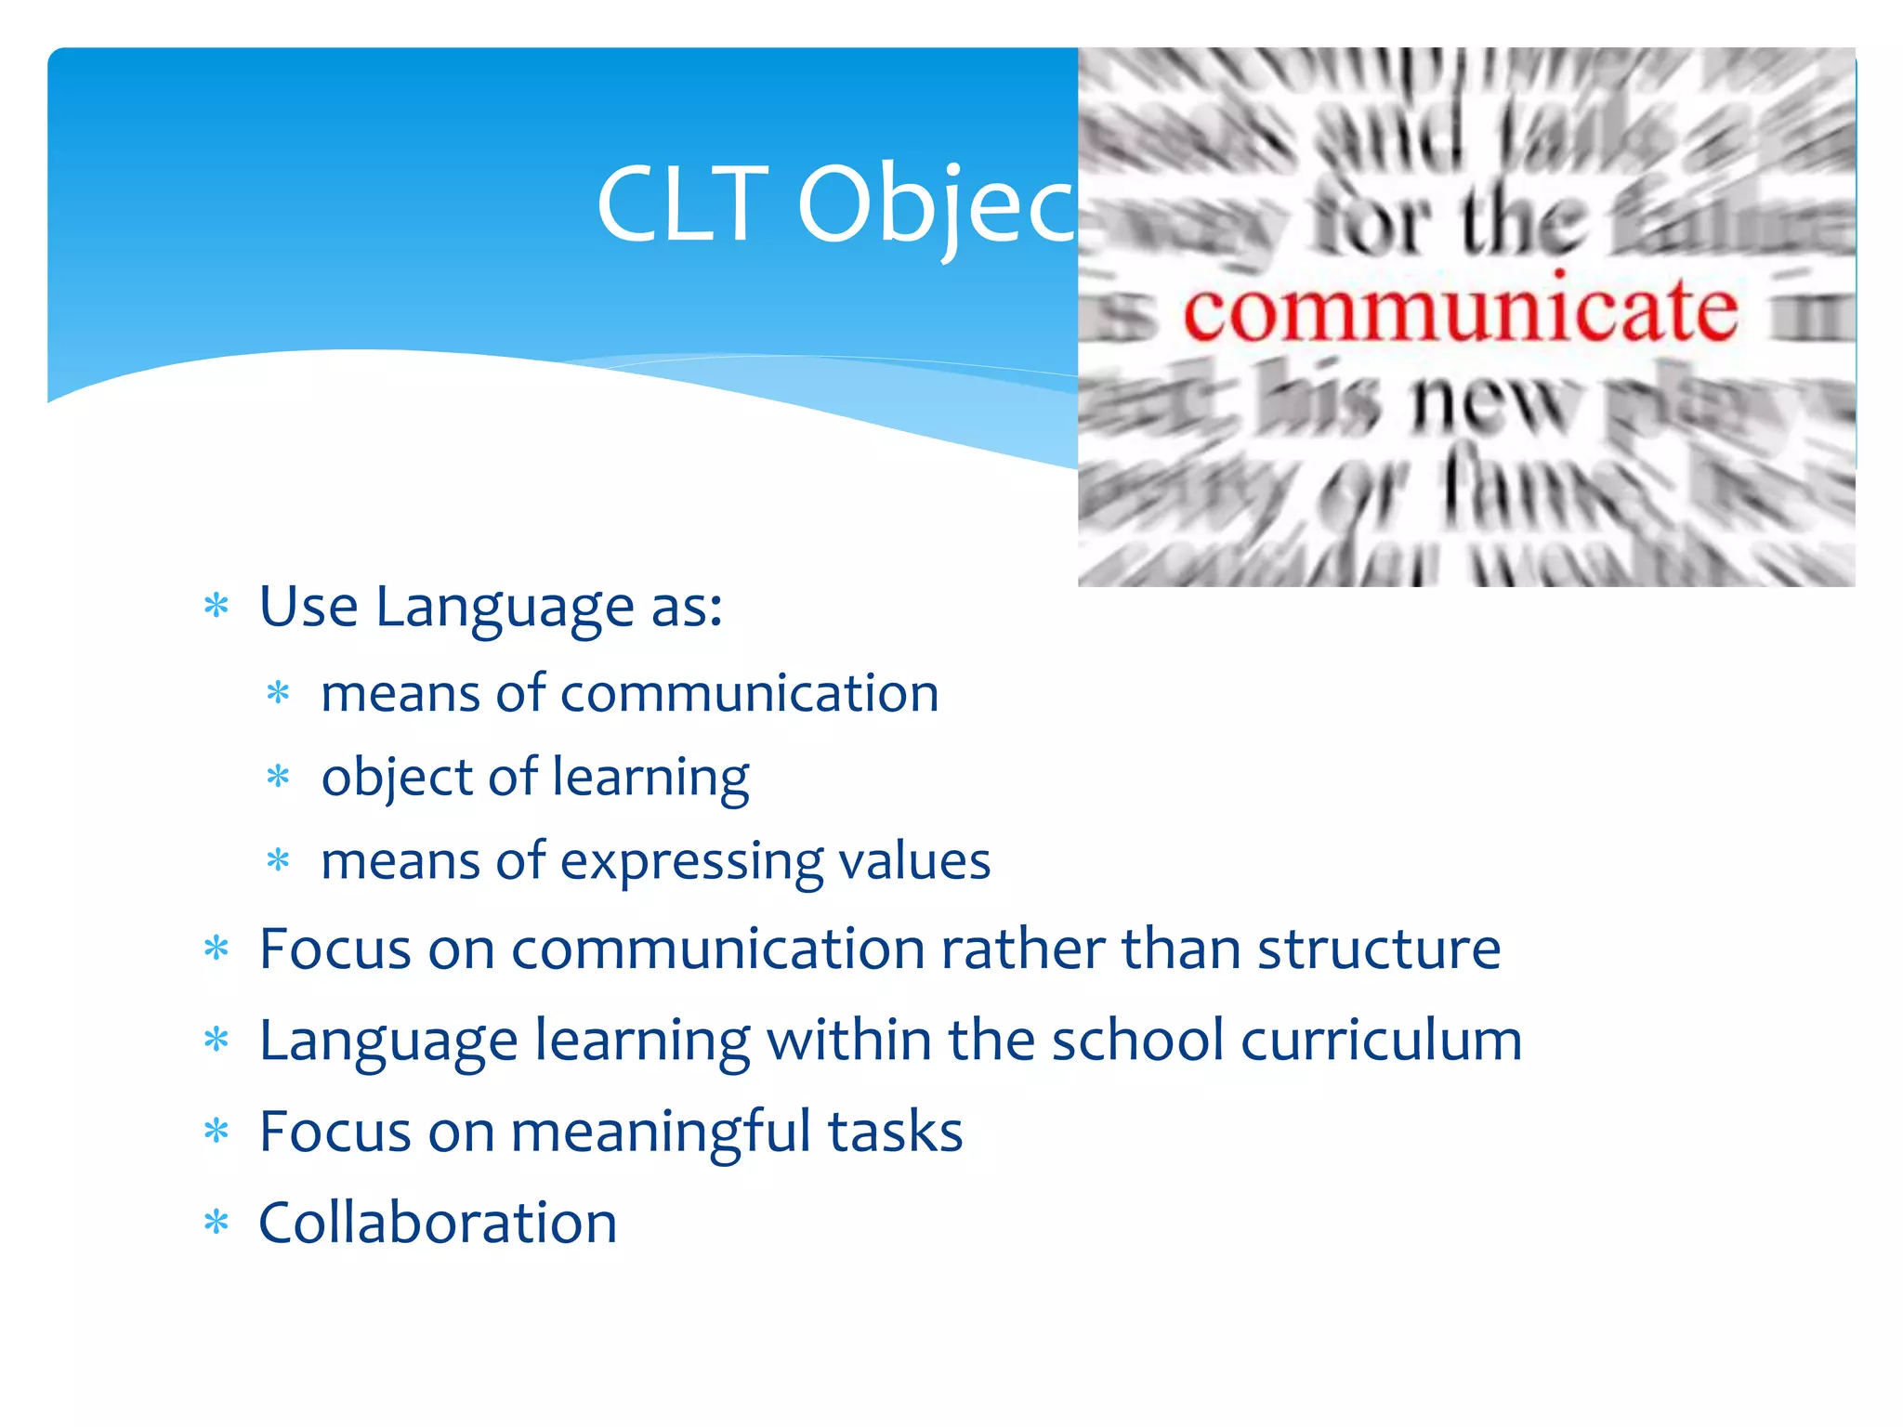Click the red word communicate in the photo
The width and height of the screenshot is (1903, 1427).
click(x=1460, y=311)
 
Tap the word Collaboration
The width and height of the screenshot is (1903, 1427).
click(x=438, y=1223)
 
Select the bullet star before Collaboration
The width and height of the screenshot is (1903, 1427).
click(x=217, y=1223)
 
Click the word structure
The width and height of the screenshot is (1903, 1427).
click(x=1379, y=949)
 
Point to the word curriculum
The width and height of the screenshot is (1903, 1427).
click(x=1382, y=1041)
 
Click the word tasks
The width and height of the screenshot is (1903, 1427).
click(x=895, y=1132)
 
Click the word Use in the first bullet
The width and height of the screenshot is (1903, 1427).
click(x=308, y=607)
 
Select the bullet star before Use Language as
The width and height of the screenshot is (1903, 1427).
click(x=217, y=607)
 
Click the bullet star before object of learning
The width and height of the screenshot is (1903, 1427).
click(x=278, y=777)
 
